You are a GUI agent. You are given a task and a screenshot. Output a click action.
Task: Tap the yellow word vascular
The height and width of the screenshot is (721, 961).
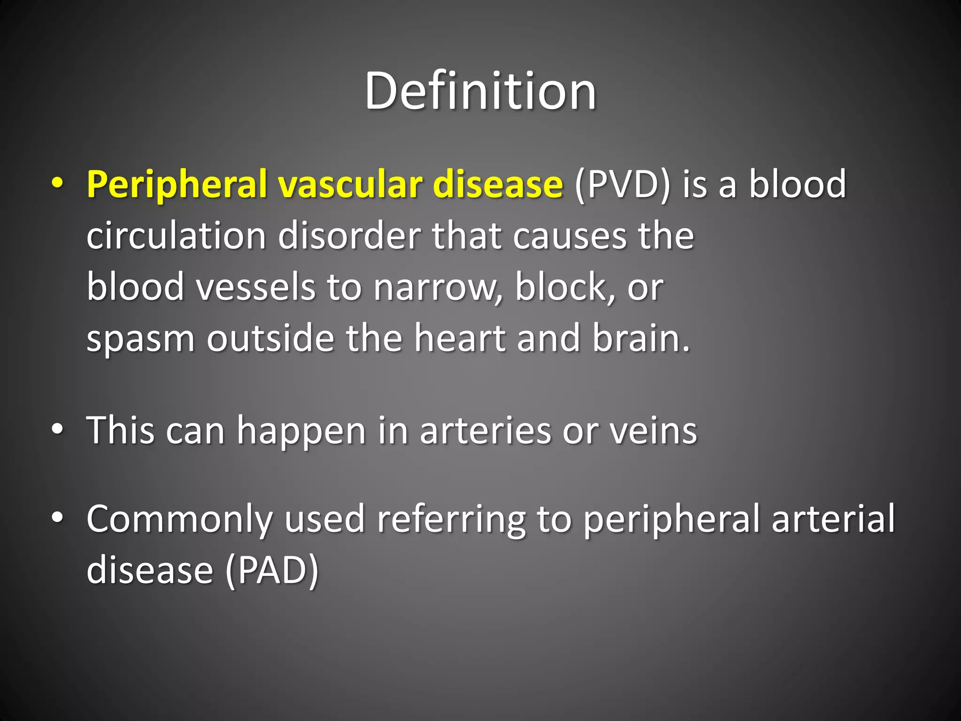350,184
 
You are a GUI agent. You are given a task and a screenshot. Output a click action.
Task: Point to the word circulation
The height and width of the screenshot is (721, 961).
176,236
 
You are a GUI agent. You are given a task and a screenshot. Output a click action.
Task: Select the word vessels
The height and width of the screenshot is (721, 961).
256,287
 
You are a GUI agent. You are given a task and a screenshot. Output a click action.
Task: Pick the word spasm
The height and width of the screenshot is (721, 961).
140,338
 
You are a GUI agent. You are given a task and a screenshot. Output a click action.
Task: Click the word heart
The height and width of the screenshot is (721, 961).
459,338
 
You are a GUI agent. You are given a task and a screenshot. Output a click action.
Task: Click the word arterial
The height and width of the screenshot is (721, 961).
833,519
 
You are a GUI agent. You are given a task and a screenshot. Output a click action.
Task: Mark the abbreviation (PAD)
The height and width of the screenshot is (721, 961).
272,570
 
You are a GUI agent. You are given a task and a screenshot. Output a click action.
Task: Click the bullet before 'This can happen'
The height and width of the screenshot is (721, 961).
57,430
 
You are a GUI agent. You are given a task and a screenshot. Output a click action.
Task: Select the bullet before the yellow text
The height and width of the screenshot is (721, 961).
57,183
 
